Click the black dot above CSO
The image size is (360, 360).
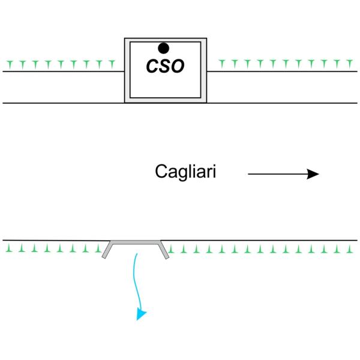click(163, 48)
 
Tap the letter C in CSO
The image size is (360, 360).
click(152, 66)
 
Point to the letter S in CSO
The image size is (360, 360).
click(164, 66)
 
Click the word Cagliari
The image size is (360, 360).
click(185, 172)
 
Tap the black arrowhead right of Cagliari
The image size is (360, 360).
click(313, 174)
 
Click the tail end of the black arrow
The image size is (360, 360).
click(250, 174)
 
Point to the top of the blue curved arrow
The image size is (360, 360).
click(137, 255)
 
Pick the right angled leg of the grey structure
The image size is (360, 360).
click(164, 250)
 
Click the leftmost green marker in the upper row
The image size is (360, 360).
click(8, 62)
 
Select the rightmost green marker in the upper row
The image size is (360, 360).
click(350, 62)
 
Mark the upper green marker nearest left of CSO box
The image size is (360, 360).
click(112, 62)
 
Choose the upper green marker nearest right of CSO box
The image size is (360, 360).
click(220, 62)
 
